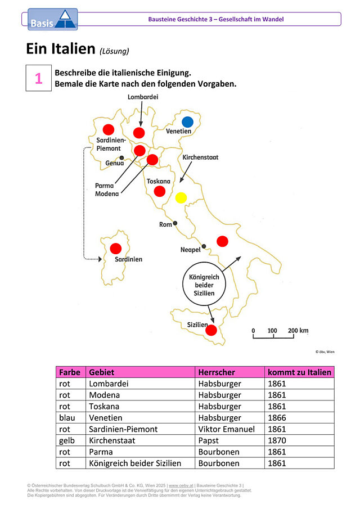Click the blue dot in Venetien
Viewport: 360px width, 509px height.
coord(187,122)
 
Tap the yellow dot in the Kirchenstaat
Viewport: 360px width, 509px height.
coord(181,197)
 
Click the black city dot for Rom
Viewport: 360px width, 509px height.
coord(175,223)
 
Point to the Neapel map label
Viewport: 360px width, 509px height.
coord(190,250)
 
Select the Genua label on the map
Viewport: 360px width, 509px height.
coord(115,163)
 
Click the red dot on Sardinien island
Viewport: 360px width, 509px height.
coord(115,249)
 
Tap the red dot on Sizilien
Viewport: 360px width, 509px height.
coord(211,330)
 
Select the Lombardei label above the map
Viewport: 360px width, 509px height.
coord(143,97)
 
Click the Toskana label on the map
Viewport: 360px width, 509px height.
coord(159,181)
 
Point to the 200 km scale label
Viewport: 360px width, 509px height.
coord(298,331)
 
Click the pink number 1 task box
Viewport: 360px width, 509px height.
coord(39,78)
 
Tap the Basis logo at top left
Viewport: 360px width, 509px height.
coord(52,20)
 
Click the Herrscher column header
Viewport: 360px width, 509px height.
coord(217,372)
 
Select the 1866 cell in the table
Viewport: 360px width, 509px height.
coord(277,418)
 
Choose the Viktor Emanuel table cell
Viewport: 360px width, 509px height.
coord(227,429)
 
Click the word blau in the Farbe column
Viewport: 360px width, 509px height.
coord(67,418)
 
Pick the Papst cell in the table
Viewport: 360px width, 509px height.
coord(208,440)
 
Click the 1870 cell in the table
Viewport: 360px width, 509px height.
coord(277,440)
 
